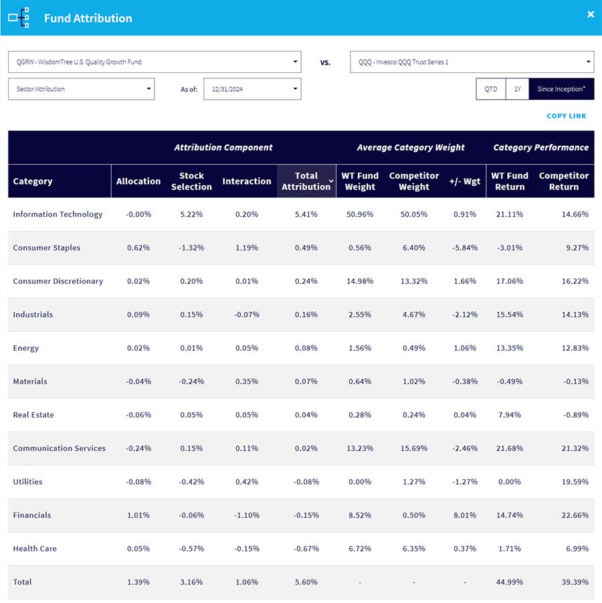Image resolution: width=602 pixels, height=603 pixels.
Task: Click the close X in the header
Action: click(x=591, y=15)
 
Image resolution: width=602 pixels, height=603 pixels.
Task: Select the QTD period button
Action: click(x=491, y=89)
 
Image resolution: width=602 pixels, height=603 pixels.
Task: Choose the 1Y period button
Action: click(x=518, y=89)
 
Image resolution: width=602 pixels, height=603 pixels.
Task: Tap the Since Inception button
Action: click(x=561, y=89)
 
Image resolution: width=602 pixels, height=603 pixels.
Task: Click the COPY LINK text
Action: click(x=567, y=116)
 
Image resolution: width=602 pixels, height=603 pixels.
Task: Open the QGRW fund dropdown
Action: click(x=155, y=62)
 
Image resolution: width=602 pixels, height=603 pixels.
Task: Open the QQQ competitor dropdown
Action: click(x=472, y=62)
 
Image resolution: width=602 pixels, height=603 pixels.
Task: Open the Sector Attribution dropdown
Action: click(x=82, y=89)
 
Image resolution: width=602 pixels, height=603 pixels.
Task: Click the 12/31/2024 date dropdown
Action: click(x=252, y=89)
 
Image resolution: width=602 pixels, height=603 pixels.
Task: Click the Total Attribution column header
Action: click(x=306, y=181)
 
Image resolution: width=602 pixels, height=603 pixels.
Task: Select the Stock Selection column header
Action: click(x=191, y=181)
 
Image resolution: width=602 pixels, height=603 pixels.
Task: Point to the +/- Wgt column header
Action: click(x=465, y=181)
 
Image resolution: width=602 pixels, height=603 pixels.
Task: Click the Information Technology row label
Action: click(x=58, y=214)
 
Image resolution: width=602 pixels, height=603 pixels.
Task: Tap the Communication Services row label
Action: click(x=60, y=448)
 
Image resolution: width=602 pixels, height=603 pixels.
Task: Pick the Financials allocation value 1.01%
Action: click(x=138, y=515)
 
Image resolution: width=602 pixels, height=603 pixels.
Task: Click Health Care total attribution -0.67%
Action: click(x=306, y=548)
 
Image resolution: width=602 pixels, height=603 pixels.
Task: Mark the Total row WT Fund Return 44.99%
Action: click(x=509, y=582)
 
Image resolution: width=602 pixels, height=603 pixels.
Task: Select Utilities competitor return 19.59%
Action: click(x=575, y=481)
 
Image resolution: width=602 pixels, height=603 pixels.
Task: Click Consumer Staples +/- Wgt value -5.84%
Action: click(x=465, y=248)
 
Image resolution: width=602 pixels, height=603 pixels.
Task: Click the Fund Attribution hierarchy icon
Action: click(x=19, y=17)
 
